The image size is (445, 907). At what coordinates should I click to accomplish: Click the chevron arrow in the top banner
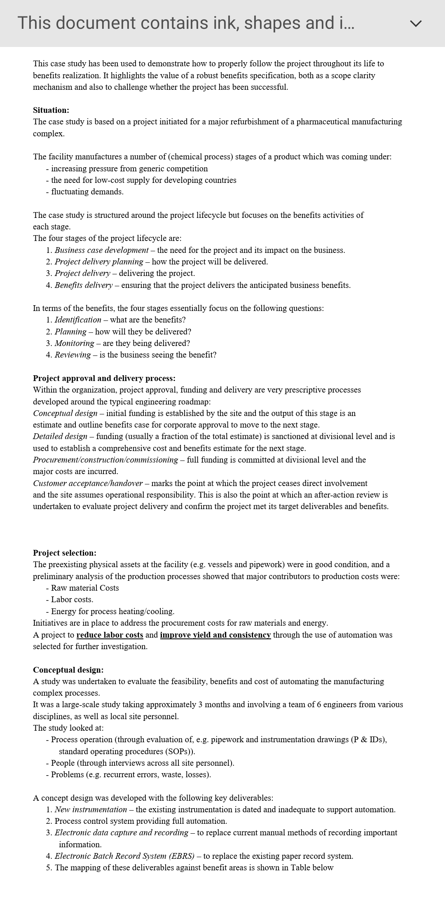pos(416,23)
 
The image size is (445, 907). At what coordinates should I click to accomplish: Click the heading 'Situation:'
pos(51,110)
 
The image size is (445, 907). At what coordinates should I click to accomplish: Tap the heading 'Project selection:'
pos(65,553)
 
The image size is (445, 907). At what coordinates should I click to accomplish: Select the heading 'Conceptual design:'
pos(68,670)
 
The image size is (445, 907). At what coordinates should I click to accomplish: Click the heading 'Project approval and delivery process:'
pos(104,378)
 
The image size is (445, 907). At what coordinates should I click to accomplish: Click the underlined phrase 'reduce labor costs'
pos(110,635)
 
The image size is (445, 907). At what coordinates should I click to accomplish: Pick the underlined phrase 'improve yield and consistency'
pos(215,635)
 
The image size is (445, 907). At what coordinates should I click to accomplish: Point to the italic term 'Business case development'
pos(101,250)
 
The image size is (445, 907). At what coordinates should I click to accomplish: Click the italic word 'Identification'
pos(78,320)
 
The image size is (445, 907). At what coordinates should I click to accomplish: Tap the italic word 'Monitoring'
pos(75,343)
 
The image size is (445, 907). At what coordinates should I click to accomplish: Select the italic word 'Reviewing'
pos(73,355)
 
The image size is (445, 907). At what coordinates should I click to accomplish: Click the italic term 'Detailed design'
pos(60,436)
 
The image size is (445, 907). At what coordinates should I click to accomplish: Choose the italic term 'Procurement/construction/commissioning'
pos(105,460)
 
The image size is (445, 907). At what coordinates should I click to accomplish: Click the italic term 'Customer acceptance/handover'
pos(88,483)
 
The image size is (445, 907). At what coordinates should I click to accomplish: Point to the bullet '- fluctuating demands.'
pos(85,192)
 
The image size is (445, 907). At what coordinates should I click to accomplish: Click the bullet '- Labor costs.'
pos(70,599)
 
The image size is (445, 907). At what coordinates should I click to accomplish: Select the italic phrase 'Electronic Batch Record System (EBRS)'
pos(124,856)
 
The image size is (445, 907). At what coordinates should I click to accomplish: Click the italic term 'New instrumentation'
pos(91,809)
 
